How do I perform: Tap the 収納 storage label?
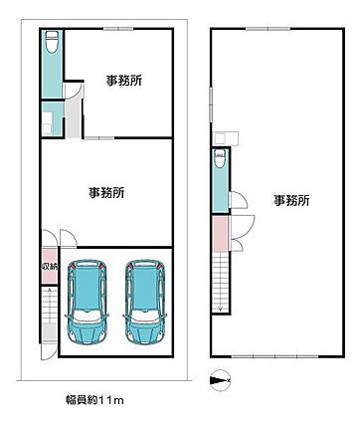48,267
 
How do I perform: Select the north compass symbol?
220,379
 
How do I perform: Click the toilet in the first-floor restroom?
50,43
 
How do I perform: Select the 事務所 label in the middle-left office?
105,192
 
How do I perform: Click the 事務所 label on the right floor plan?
291,200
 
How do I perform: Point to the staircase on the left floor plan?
47,318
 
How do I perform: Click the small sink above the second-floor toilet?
221,138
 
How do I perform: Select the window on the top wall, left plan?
117,28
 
